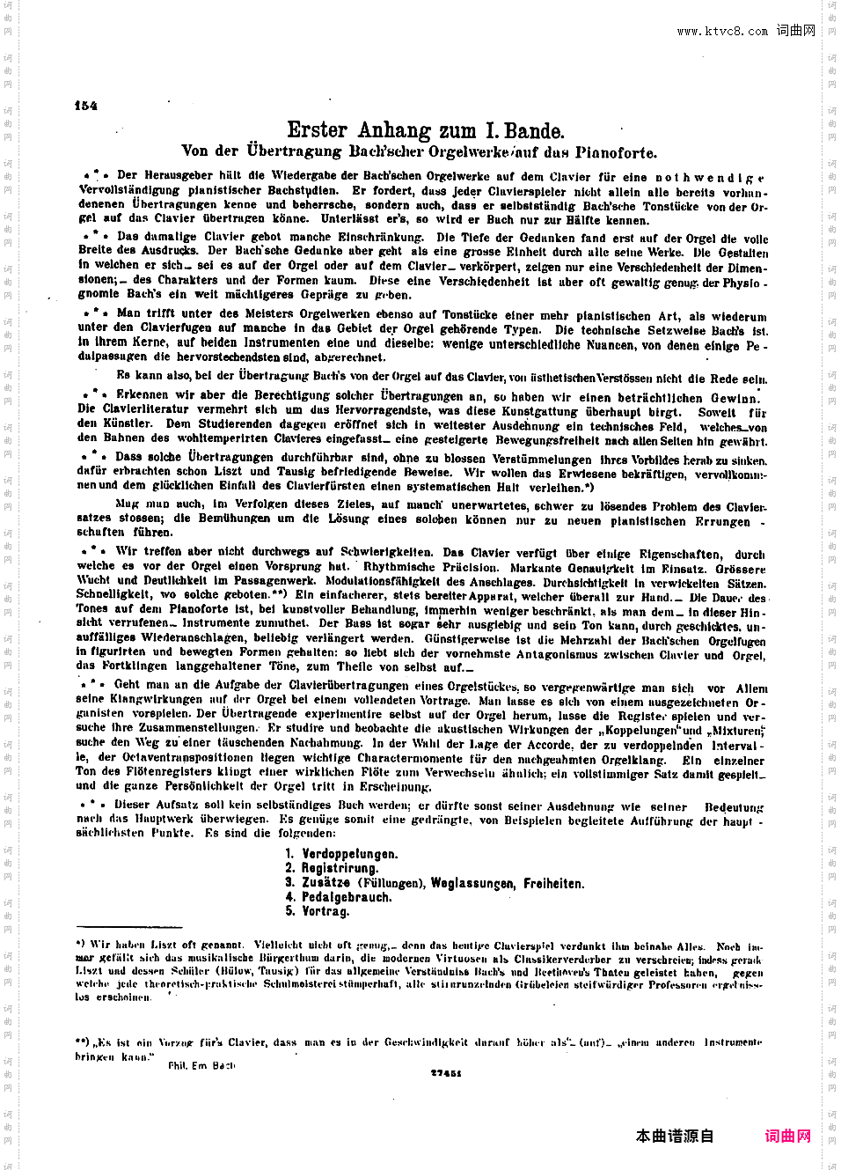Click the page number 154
click(86, 106)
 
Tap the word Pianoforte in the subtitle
click(616, 152)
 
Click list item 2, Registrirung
click(340, 868)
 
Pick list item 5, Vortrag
click(325, 911)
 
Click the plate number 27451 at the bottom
click(446, 1073)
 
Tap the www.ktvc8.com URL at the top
click(722, 32)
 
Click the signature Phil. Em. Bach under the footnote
click(201, 1065)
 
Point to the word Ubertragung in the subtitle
click(295, 151)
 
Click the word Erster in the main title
click(318, 131)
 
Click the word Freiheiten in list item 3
click(553, 883)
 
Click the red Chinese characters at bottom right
click(787, 1136)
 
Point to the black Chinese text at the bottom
click(675, 1136)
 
